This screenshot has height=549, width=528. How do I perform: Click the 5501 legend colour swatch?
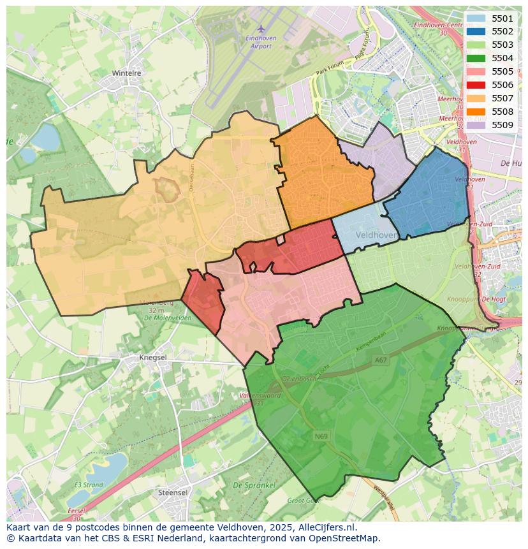tap(475, 18)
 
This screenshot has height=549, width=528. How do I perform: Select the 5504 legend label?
tap(502, 58)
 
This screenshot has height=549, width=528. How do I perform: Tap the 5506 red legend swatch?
tap(475, 85)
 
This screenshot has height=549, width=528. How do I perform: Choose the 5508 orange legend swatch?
tap(475, 112)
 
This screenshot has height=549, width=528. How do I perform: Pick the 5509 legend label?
tap(502, 125)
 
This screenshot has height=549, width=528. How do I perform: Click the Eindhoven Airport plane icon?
tap(261, 29)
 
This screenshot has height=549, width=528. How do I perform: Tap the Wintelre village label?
tap(126, 73)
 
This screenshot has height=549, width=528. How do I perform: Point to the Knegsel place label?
tap(153, 358)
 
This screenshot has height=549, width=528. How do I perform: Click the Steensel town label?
tap(173, 493)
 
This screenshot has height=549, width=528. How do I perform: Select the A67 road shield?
tap(381, 360)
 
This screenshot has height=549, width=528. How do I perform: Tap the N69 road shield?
tap(321, 436)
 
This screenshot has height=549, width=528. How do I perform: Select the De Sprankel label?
tap(254, 485)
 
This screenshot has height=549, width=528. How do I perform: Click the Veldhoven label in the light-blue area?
tap(376, 235)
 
